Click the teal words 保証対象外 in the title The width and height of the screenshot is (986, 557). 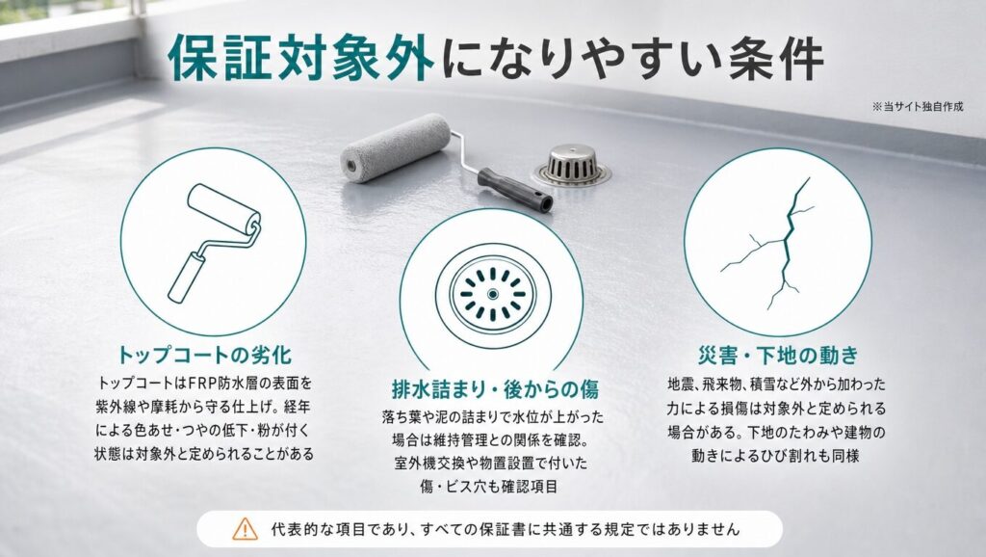point(300,59)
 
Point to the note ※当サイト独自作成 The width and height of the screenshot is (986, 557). point(918,107)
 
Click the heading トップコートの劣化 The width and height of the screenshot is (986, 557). point(205,355)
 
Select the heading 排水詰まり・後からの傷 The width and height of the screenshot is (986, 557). point(495,389)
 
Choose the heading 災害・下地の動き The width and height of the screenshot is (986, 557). point(778,355)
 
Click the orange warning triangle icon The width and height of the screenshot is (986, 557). point(245,529)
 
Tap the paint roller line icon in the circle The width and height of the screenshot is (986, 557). point(215,242)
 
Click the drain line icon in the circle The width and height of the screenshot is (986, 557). point(493,294)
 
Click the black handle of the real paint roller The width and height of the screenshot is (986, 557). point(515,190)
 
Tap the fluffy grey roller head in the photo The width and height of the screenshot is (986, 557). point(396,147)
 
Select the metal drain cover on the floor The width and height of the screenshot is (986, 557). point(572,166)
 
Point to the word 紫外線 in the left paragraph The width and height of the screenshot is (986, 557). point(117,407)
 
